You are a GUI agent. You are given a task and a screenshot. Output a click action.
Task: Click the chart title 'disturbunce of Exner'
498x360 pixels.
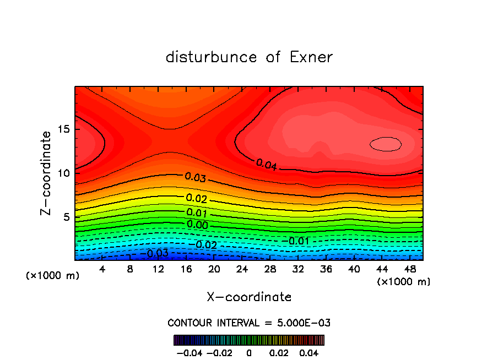click(x=249, y=57)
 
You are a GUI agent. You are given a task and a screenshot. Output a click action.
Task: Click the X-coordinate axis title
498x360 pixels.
click(x=249, y=297)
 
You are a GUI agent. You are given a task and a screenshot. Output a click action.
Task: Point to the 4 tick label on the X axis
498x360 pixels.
click(x=102, y=269)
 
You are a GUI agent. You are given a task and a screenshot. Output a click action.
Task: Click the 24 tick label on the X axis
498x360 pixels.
click(x=242, y=269)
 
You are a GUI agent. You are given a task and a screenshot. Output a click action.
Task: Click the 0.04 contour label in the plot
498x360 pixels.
click(x=267, y=164)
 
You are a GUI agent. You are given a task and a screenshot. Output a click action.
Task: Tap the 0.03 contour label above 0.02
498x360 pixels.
click(x=196, y=177)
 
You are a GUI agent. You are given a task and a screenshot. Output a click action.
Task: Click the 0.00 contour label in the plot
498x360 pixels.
click(x=197, y=225)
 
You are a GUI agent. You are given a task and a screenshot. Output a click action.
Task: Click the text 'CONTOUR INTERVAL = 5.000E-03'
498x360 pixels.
click(x=249, y=323)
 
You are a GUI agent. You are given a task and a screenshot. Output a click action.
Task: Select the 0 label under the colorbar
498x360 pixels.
click(x=249, y=352)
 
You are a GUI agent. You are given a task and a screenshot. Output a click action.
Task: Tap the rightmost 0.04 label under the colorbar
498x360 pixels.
click(x=310, y=352)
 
